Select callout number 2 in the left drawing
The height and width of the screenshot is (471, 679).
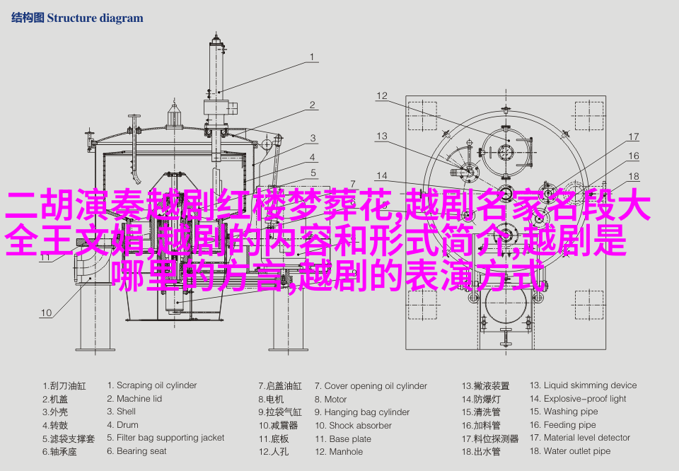point(312,105)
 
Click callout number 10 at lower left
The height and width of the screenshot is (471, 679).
point(45,312)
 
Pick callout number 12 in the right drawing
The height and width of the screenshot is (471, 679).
point(382,96)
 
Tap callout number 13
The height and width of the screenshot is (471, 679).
point(382,136)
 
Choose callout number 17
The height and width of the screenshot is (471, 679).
point(634,137)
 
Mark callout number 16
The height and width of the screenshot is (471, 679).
point(634,156)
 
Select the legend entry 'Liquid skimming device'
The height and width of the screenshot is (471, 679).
point(590,385)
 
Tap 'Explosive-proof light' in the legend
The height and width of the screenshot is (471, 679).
point(585,399)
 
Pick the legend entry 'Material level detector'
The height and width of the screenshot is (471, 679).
point(586,438)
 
